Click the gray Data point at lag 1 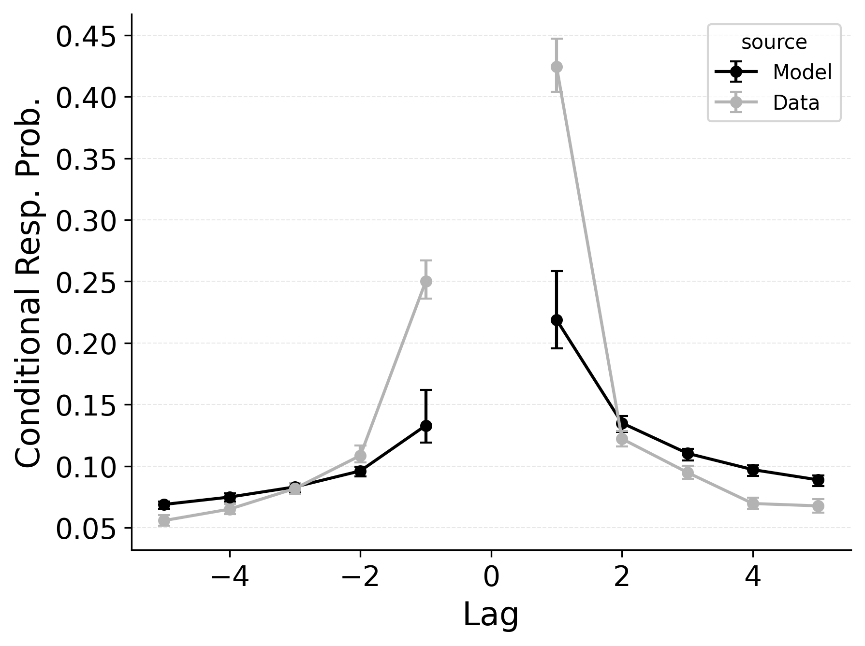[557, 67]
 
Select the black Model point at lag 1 [557, 320]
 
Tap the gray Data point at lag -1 [426, 281]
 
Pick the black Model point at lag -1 [426, 426]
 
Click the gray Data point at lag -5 [164, 520]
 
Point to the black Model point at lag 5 [818, 480]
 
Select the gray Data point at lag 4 [753, 503]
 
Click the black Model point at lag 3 [688, 453]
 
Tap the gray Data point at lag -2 [360, 456]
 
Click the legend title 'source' [774, 43]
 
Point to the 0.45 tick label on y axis [86, 37]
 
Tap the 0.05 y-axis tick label [86, 530]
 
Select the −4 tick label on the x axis [230, 577]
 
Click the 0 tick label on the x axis [491, 577]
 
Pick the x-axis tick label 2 [622, 577]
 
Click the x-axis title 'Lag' [491, 615]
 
